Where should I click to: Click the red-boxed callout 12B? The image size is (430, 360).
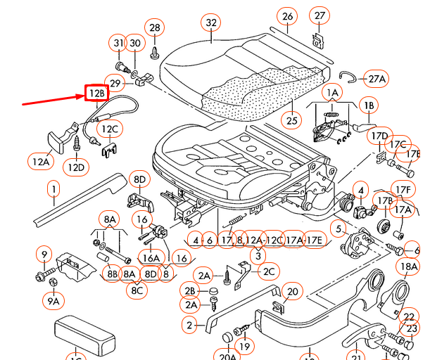click(x=96, y=94)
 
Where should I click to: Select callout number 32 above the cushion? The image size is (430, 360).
click(x=211, y=22)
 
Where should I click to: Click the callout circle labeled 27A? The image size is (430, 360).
click(x=377, y=79)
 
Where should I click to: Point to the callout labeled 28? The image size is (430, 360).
click(x=155, y=27)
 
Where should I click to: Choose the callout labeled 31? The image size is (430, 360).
click(x=119, y=44)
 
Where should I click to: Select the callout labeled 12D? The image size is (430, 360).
click(x=77, y=167)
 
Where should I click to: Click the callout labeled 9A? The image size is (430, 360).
click(x=54, y=301)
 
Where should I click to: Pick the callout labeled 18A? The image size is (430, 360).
click(x=409, y=266)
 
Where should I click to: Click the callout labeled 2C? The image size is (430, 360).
click(x=269, y=271)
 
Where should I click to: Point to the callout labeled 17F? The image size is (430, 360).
click(x=402, y=190)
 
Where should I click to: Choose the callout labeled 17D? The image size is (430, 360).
click(x=380, y=136)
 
